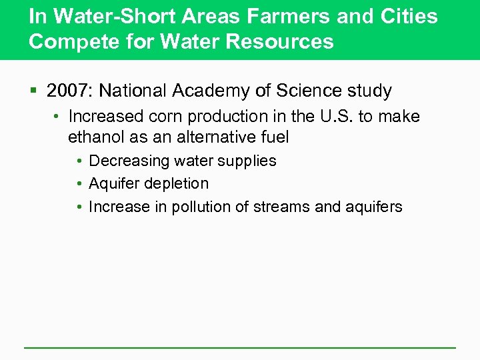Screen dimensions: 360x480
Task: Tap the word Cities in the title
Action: pyautogui.click(x=409, y=16)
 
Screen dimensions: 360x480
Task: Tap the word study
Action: pyautogui.click(x=371, y=90)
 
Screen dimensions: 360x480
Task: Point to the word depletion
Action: pyautogui.click(x=178, y=183)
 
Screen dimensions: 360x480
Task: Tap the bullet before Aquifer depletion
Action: pyautogui.click(x=79, y=184)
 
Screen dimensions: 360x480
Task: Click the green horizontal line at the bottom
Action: pyautogui.click(x=240, y=347)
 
